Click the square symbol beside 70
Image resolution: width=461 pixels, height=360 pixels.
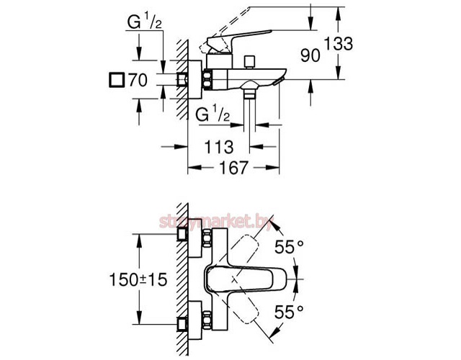pos(115,80)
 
